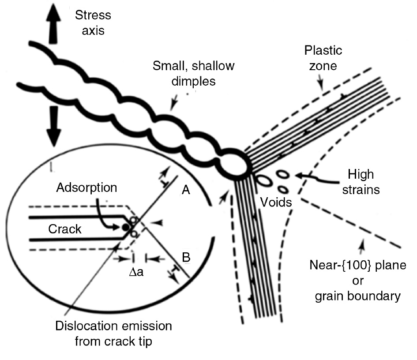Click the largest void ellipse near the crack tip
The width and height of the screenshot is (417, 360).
[x=264, y=180]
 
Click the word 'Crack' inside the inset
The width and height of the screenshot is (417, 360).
[x=65, y=229]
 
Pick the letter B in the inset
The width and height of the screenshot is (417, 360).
[x=186, y=257]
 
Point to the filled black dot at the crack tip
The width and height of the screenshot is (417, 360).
[x=126, y=228]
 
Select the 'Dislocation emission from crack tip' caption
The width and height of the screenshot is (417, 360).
[x=113, y=334]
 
